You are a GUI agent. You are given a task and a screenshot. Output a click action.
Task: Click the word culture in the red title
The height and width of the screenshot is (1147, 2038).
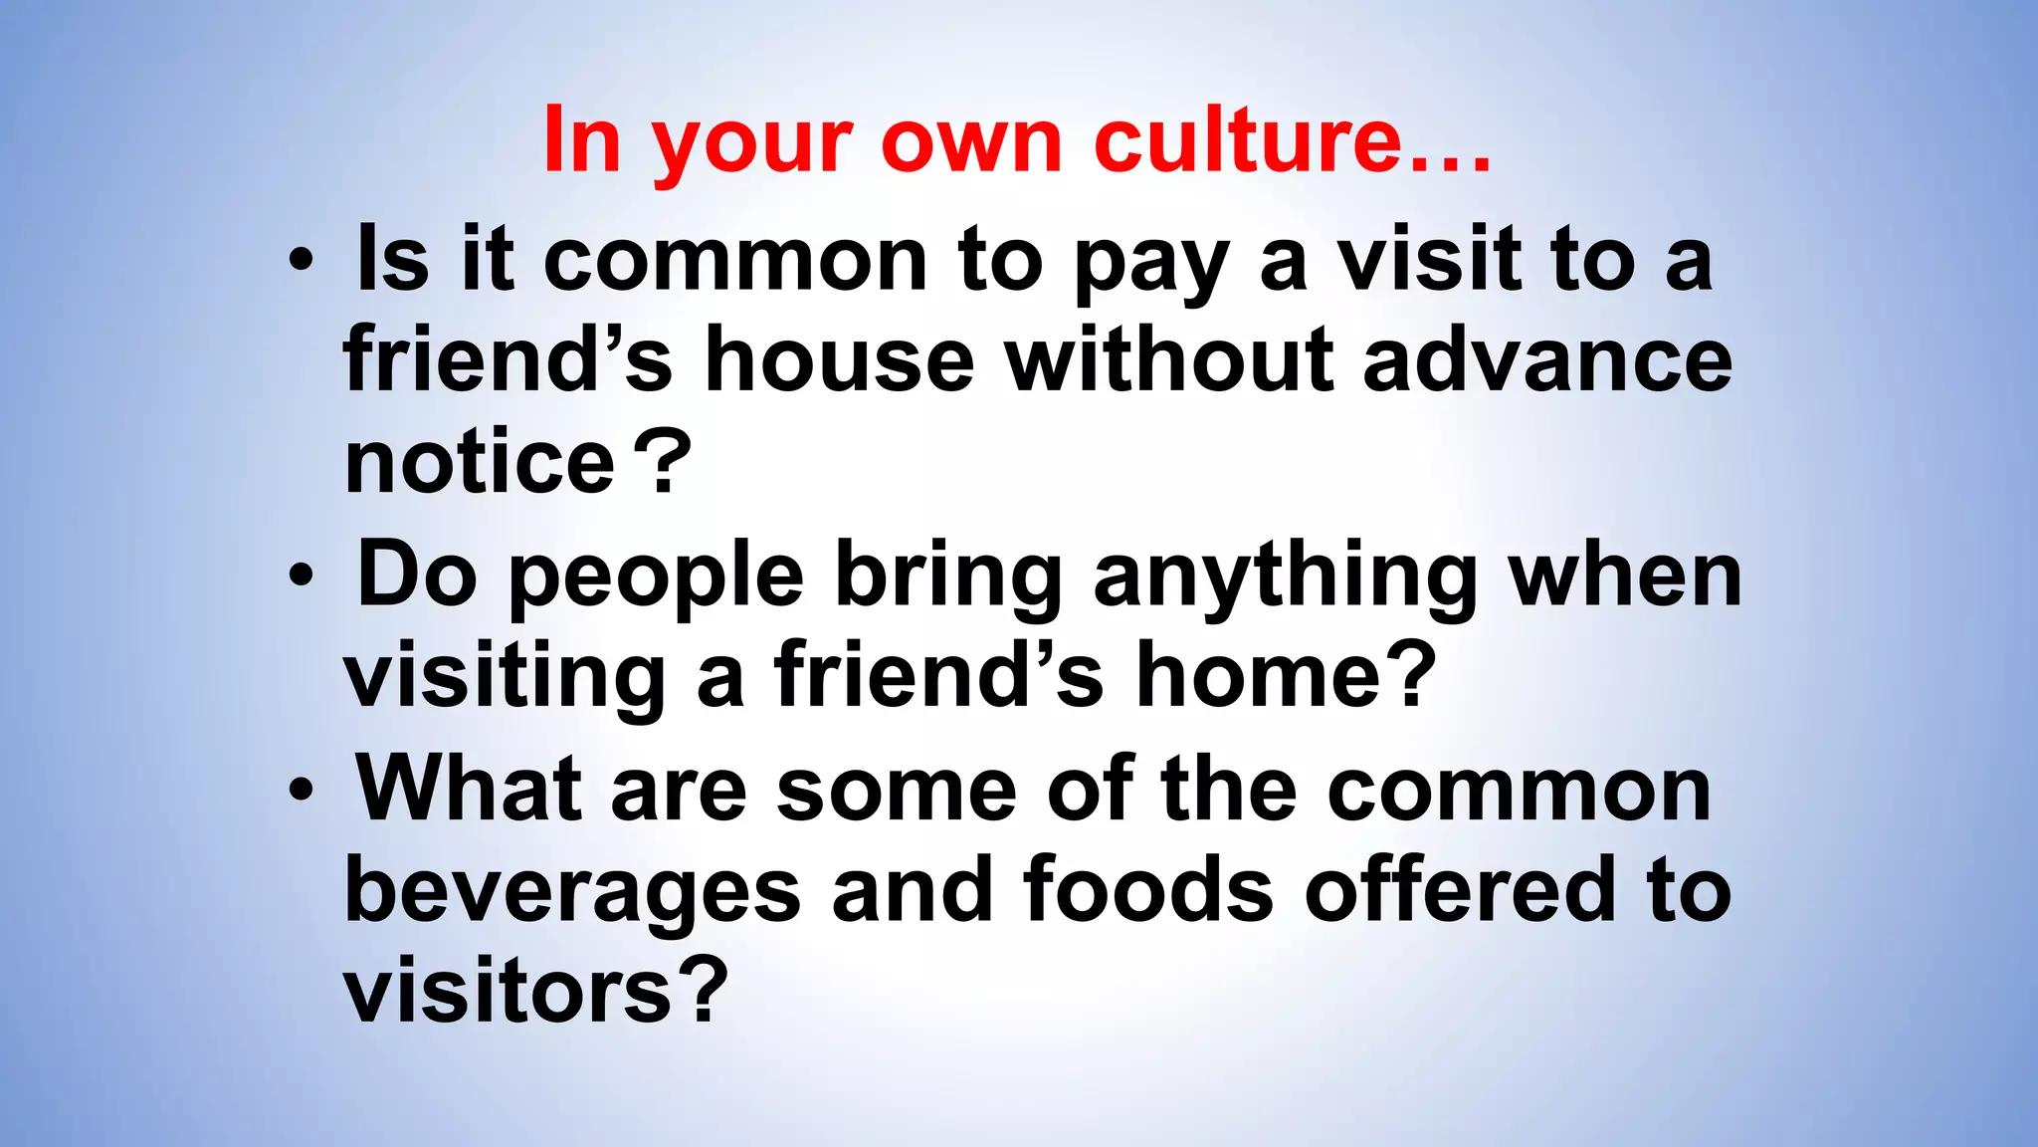pyautogui.click(x=1248, y=140)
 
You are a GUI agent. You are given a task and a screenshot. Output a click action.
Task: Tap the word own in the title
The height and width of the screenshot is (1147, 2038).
pyautogui.click(x=971, y=140)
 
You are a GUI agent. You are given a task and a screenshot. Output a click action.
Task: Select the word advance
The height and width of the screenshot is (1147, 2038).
pyautogui.click(x=1546, y=360)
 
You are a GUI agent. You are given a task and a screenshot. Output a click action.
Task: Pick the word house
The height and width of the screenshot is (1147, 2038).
pyautogui.click(x=839, y=360)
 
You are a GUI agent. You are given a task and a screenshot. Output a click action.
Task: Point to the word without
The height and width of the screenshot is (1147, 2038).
pyautogui.click(x=1168, y=360)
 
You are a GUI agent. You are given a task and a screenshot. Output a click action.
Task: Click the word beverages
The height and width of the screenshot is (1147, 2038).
pyautogui.click(x=572, y=892)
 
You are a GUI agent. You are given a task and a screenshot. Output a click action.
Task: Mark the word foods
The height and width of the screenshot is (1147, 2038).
pyautogui.click(x=1147, y=890)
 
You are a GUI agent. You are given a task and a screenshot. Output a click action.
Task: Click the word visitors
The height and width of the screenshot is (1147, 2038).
pyautogui.click(x=509, y=992)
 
